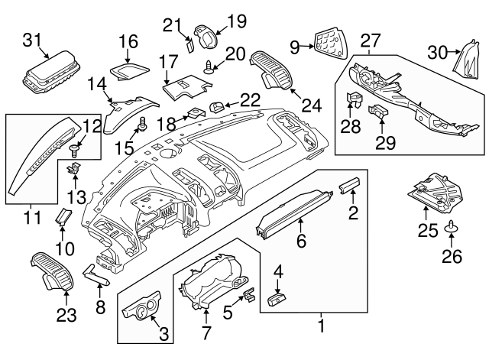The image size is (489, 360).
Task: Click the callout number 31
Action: [32, 40]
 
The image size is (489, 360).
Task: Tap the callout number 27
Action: [370, 40]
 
